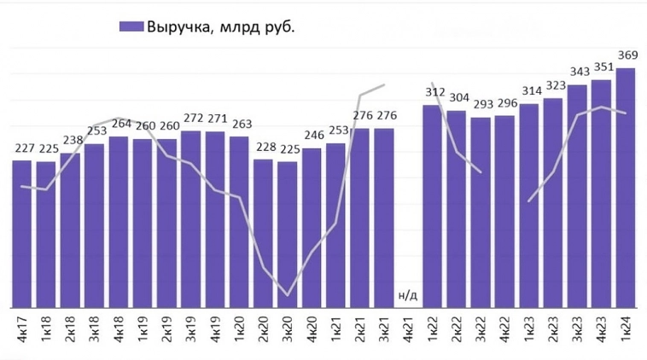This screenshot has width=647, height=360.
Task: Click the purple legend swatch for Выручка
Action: click(129, 27)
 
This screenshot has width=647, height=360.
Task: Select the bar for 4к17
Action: click(21, 234)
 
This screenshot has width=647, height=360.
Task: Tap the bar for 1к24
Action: click(625, 188)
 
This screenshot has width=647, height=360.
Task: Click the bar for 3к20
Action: click(288, 234)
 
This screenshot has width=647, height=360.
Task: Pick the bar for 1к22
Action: click(432, 206)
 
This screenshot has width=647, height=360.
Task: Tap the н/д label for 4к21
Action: click(407, 295)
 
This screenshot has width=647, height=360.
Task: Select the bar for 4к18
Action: click(118, 222)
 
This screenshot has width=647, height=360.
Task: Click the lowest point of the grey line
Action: click(288, 296)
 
